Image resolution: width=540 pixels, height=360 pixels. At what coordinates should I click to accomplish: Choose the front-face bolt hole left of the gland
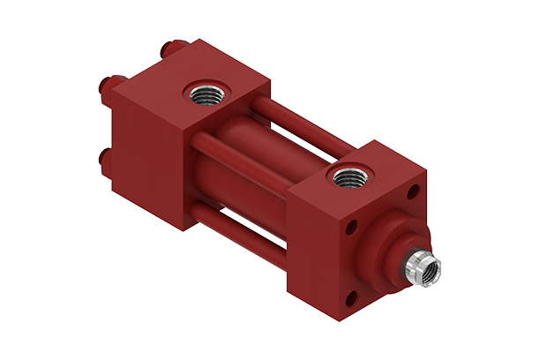(x=350, y=229)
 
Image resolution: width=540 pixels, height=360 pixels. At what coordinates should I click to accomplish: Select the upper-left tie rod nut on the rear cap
(x=102, y=86)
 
